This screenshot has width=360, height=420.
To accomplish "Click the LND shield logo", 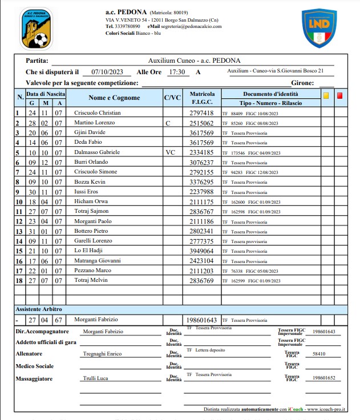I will pyautogui.click(x=318, y=28).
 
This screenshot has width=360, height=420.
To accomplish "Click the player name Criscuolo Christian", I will pyautogui.click(x=98, y=113).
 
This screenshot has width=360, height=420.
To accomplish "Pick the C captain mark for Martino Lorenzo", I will pyautogui.click(x=168, y=123).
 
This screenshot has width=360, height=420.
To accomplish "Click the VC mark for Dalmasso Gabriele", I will pyautogui.click(x=171, y=152).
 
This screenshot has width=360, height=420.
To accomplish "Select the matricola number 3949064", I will pyautogui.click(x=201, y=251).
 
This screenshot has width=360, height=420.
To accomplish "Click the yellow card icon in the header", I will pyautogui.click(x=326, y=96).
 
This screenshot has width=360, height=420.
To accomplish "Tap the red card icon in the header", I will pyautogui.click(x=340, y=96).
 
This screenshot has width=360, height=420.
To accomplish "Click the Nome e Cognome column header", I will pyautogui.click(x=114, y=98).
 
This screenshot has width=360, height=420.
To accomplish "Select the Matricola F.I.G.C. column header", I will pyautogui.click(x=202, y=98).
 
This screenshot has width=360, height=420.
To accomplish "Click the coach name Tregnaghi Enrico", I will pyautogui.click(x=103, y=354).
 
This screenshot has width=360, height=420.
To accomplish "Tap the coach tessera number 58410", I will pyautogui.click(x=319, y=354).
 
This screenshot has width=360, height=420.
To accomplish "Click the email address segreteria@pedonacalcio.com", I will pyautogui.click(x=191, y=26).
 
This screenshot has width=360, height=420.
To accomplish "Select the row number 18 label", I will pyautogui.click(x=19, y=281).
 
